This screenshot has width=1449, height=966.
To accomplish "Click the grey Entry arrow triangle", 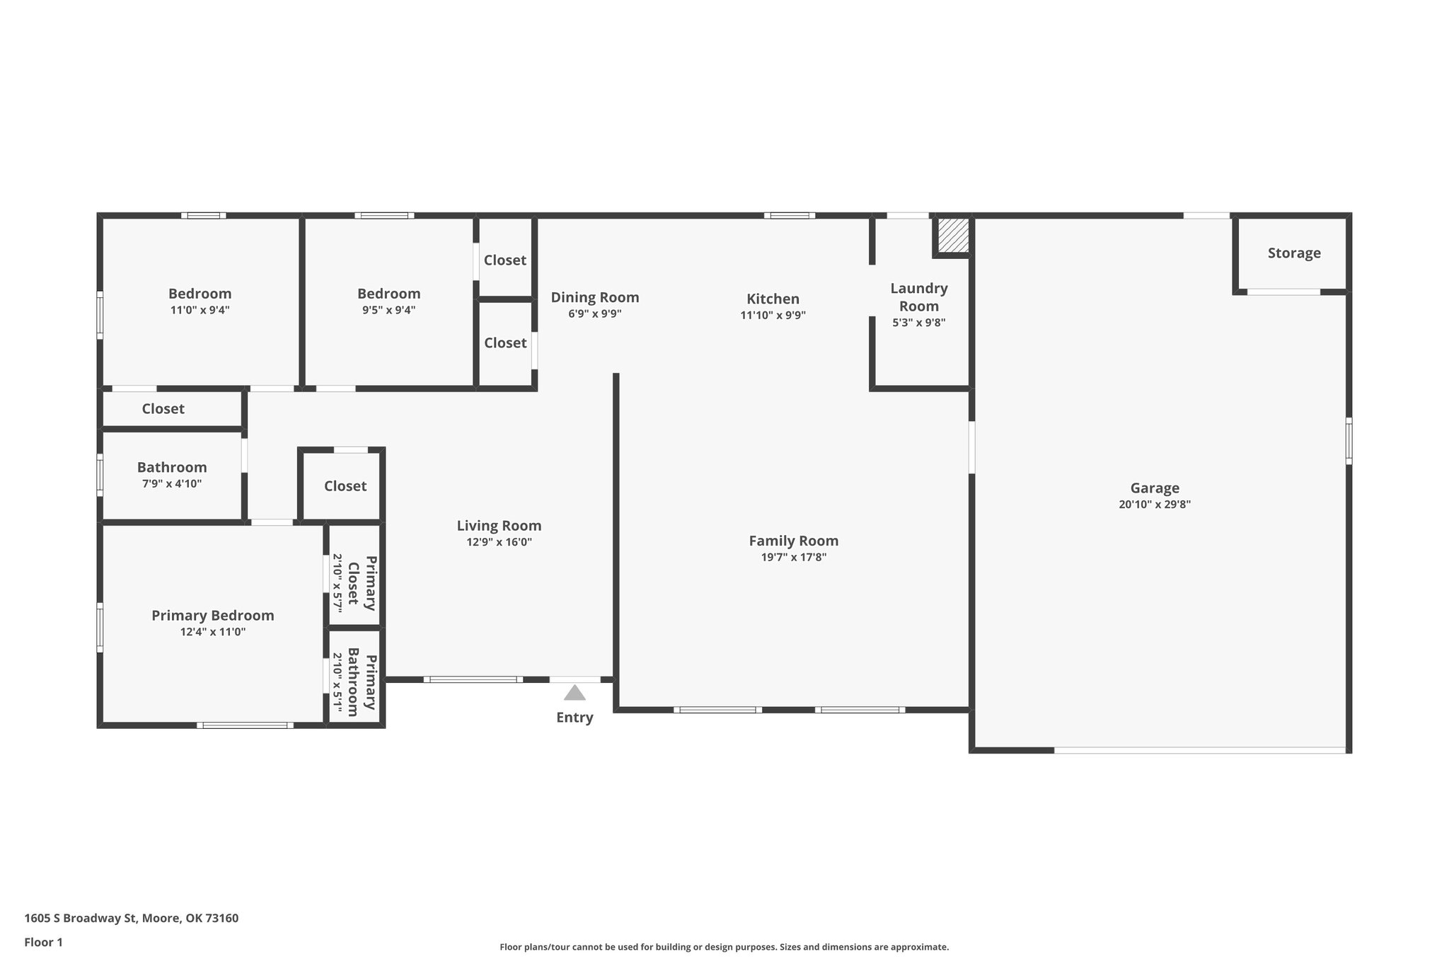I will point(575,693).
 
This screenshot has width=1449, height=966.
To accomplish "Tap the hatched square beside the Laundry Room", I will point(953,234).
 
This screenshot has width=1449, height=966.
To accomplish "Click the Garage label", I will point(1155,488).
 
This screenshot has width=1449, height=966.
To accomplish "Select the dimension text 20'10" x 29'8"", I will point(1155,505).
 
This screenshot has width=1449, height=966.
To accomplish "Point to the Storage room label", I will point(1293,253).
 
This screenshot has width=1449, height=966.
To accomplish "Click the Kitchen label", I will point(773,299).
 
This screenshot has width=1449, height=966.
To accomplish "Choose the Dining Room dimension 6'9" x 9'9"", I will point(594,314).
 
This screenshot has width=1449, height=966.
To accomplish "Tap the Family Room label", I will point(793,541).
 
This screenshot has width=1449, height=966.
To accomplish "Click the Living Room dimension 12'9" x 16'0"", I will point(499,542).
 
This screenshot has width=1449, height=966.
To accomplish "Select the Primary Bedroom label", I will point(212,616).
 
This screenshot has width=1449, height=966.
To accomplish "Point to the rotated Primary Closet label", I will point(362,583).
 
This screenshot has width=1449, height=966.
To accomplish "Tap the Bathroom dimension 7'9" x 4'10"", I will point(172,484).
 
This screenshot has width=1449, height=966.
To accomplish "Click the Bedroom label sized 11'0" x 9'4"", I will point(200,294).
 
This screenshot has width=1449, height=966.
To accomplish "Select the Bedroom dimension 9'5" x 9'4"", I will point(388,310).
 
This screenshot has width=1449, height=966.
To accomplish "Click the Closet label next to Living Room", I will point(345,486).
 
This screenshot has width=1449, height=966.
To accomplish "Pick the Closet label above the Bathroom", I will point(163,409).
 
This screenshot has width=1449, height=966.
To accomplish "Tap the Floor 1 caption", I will point(43,942).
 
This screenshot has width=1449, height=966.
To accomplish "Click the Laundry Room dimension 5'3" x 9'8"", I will point(918,323).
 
